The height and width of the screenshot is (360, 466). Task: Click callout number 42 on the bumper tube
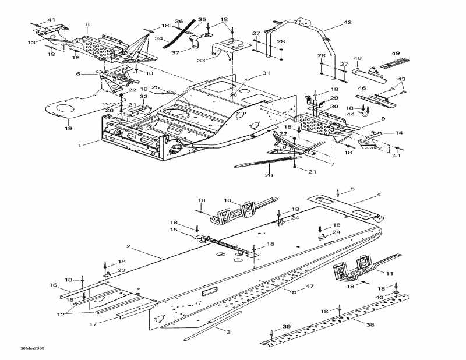point(347,22)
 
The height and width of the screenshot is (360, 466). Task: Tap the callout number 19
point(68,128)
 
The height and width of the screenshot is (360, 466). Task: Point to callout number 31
point(266,73)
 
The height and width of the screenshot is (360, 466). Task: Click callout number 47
point(310,286)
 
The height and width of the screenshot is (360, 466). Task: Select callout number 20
point(269,175)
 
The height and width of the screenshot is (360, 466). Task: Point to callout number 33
point(201,60)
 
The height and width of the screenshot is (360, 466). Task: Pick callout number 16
point(53,285)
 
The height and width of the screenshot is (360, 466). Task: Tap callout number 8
point(87,24)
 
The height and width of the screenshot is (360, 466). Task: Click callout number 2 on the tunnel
point(128,247)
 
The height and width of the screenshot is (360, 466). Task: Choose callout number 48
point(357,58)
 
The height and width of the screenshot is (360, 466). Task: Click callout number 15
point(174,230)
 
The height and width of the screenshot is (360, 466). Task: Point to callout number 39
point(286,327)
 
